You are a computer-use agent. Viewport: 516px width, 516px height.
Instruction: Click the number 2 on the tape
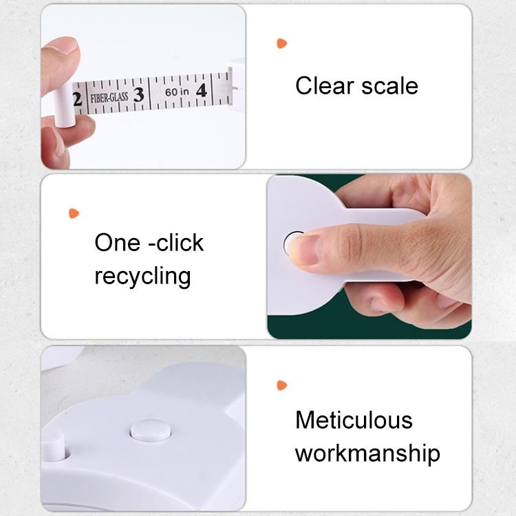[x=77, y=99]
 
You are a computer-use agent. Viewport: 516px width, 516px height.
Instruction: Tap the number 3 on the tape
[x=138, y=95]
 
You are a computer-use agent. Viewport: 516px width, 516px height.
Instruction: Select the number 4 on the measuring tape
[x=202, y=91]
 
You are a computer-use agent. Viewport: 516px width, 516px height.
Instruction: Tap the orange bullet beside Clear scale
[x=281, y=43]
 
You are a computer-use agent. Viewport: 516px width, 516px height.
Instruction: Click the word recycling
[x=142, y=277]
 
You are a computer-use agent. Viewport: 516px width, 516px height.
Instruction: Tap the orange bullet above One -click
[x=74, y=213]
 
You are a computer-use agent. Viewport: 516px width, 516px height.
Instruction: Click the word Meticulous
[x=354, y=420]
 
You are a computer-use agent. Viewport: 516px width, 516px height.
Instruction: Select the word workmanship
[x=367, y=453]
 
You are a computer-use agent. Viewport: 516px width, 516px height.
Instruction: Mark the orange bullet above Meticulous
[x=281, y=385]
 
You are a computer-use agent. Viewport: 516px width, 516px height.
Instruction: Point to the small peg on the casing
[x=54, y=448]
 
